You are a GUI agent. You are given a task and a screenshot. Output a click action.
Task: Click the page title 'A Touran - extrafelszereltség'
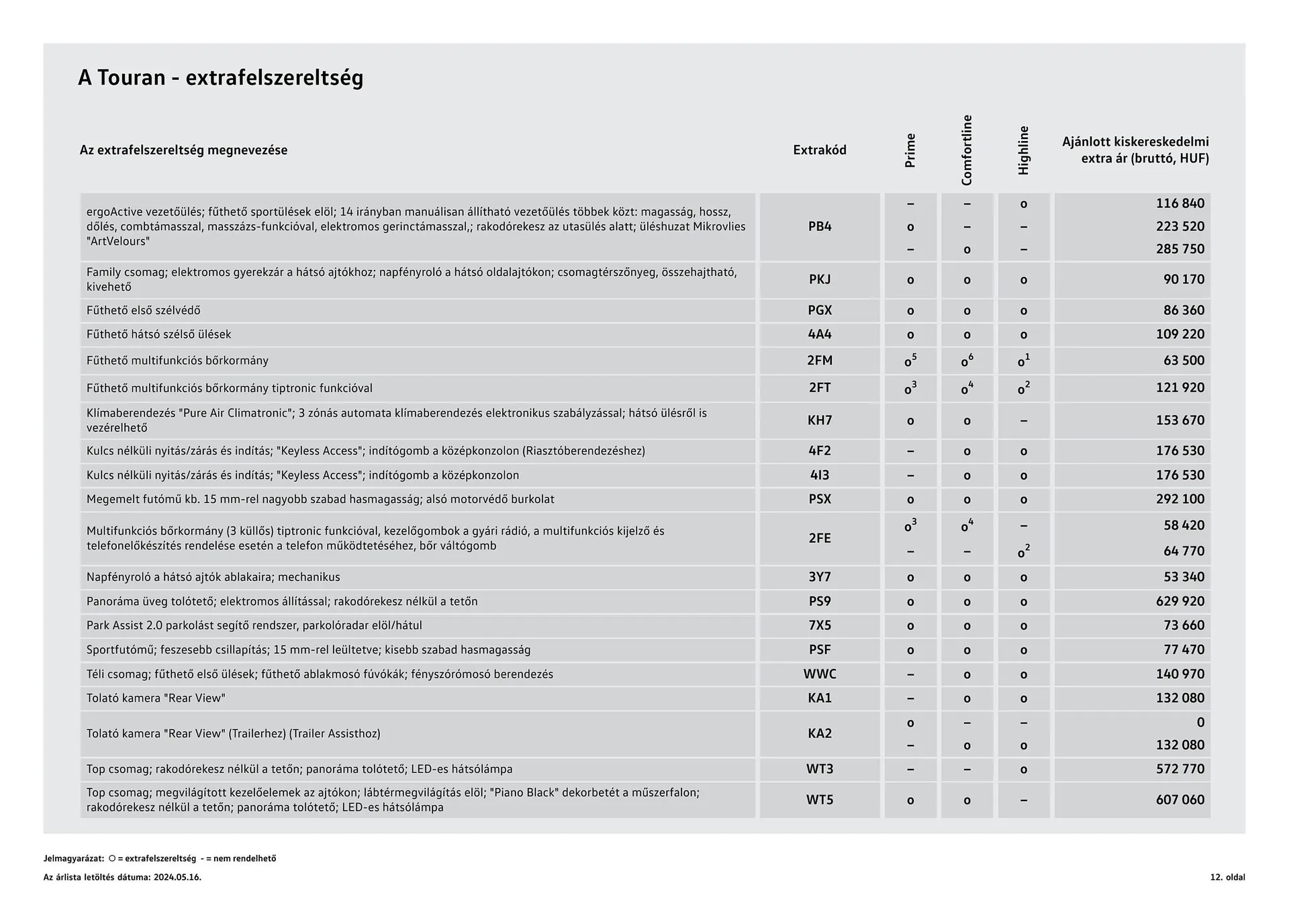click(220, 78)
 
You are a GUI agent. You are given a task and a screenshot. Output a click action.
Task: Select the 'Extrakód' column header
click(819, 150)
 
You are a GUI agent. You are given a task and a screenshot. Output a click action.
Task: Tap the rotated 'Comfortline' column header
click(967, 150)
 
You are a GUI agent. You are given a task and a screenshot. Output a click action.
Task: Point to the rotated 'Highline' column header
click(1023, 150)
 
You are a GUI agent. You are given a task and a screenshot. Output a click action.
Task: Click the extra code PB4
click(819, 227)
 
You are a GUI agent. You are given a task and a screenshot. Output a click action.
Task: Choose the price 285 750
click(1180, 249)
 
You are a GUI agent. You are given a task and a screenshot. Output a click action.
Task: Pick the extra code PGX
click(819, 310)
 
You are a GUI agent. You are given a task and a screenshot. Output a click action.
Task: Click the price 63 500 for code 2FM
click(1184, 361)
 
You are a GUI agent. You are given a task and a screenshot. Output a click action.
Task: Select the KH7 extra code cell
click(819, 420)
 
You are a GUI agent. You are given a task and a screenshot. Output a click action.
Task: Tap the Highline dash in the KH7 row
click(1023, 421)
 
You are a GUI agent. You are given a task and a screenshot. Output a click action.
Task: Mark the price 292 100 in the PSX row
click(1180, 499)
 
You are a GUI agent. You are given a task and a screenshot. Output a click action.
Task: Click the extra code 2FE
click(819, 538)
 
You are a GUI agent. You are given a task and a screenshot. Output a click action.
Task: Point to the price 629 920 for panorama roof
click(1180, 601)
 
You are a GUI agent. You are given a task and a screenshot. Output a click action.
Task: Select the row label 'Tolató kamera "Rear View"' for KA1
click(156, 698)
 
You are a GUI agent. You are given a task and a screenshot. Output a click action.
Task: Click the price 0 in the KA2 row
click(1200, 723)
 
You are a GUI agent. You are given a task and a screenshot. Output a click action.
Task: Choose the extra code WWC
click(819, 674)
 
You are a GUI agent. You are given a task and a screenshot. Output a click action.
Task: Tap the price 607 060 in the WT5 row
click(1180, 800)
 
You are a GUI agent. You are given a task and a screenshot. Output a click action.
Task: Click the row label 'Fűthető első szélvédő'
click(143, 310)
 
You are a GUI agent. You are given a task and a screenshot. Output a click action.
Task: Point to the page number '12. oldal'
click(1227, 877)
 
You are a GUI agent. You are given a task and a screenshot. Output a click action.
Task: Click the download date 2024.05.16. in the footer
click(177, 877)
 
